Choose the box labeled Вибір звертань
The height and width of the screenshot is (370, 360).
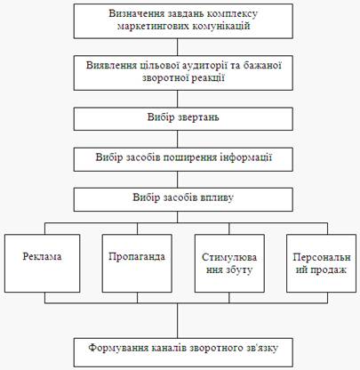(183, 119)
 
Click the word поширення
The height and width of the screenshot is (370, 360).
(189, 157)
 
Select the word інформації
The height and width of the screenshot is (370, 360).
(245, 157)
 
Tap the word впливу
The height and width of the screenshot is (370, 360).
(218, 197)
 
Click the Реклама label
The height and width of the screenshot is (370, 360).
(42, 256)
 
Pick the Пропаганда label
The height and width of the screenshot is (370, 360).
(137, 257)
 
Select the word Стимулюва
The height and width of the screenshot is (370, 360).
(229, 257)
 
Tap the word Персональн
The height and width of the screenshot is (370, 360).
(322, 257)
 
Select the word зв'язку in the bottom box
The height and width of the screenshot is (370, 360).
(261, 348)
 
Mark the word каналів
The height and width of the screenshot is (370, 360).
(168, 348)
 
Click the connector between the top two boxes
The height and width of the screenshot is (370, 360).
(178, 47)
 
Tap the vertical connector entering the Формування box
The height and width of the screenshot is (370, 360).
(178, 321)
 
